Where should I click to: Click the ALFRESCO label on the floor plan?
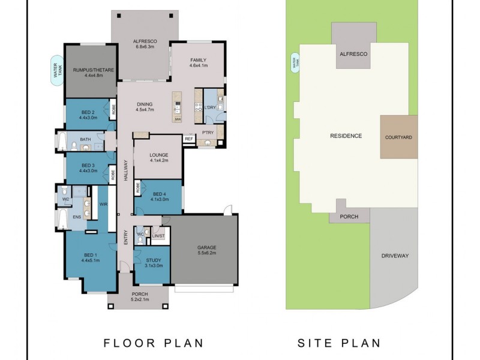point(145,41)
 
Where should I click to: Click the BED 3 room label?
point(88,165)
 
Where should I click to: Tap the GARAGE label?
point(207,247)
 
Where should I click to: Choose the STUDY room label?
point(154,260)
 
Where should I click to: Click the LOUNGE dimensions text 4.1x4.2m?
point(158,160)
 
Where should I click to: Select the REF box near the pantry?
point(189,139)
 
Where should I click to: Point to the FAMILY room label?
point(199,60)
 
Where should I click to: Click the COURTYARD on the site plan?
point(398,137)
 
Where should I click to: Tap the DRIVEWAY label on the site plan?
point(394,256)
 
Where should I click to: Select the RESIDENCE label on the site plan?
point(346,136)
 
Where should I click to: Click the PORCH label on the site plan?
point(349,217)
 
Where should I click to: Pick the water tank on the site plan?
point(294,62)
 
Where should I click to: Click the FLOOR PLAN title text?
point(154,343)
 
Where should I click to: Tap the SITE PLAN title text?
point(340,343)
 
